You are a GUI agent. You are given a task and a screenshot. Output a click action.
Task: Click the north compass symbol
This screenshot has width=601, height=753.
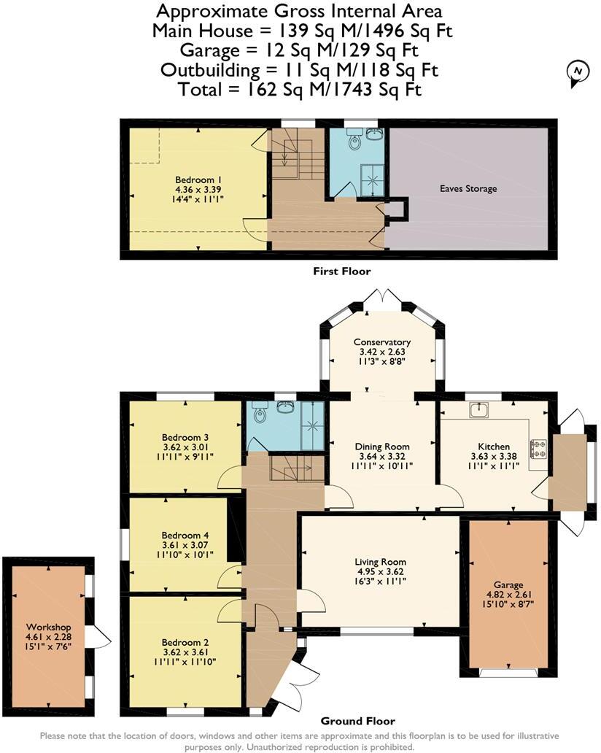[x=577, y=72]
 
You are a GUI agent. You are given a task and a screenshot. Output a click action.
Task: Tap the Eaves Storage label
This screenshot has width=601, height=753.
[x=468, y=189]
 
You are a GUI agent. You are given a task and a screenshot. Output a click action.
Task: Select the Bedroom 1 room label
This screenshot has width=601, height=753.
[x=198, y=179]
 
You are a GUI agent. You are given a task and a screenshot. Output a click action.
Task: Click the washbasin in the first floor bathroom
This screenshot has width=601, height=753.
[x=375, y=134]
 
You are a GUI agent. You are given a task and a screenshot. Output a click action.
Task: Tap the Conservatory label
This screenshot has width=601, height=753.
[x=382, y=342]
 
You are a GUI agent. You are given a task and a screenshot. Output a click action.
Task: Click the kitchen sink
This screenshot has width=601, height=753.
[x=479, y=412]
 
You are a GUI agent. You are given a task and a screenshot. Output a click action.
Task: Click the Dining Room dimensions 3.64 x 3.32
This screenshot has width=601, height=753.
[x=382, y=457]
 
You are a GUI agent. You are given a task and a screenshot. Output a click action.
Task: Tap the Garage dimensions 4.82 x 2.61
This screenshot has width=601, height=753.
[x=508, y=595]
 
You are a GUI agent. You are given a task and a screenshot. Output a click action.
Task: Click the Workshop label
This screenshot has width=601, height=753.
[x=48, y=627]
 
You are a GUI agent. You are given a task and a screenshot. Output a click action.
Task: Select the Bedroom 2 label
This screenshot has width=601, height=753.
[x=184, y=643]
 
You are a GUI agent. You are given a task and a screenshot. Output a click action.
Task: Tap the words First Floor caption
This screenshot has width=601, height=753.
[x=341, y=271]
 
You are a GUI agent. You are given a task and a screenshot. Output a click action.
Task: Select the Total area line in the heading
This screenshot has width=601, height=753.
[x=299, y=89]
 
